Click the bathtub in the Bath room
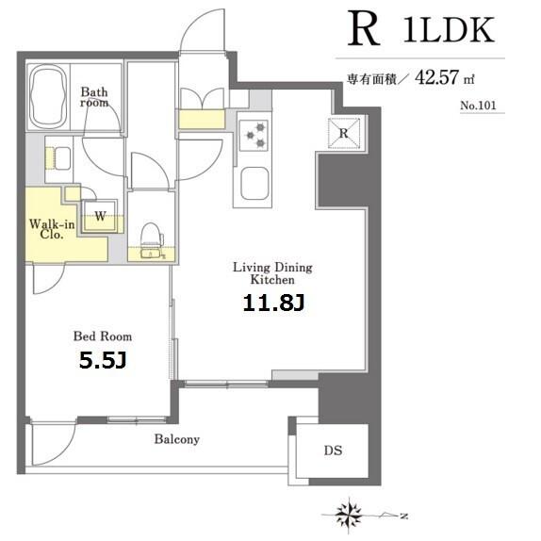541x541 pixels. tap(48, 96)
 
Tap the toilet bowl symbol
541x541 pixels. tap(152, 236)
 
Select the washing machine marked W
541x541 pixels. tap(100, 216)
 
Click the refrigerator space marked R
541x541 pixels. tap(344, 133)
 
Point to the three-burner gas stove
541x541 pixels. tap(254, 136)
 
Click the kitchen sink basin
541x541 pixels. tap(254, 183)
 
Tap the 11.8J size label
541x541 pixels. tap(273, 303)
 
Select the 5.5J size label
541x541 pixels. tap(103, 360)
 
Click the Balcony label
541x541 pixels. tap(177, 439)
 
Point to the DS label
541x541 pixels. tap(333, 451)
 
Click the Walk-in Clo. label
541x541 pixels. tap(52, 229)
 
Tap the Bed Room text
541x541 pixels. tap(103, 336)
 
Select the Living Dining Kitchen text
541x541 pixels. tap(272, 273)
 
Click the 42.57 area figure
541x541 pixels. tap(436, 77)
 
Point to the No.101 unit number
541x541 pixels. tap(478, 106)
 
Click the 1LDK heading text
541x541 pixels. tap(449, 30)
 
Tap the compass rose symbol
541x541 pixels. tap(349, 514)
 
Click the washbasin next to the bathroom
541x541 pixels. tap(62, 158)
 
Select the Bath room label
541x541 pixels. tap(94, 97)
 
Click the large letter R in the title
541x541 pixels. tap(363, 28)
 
